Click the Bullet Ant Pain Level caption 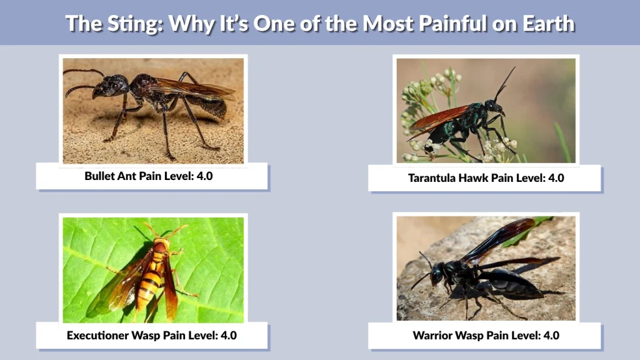pos(149,176)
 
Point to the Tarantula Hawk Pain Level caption pos(486,178)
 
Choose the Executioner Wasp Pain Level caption pos(151,336)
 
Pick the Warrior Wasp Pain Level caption pos(486,336)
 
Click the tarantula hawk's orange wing pos(440,118)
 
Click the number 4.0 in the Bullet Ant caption pos(204,176)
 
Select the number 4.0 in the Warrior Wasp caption pos(551,336)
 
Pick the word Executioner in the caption pos(97,336)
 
